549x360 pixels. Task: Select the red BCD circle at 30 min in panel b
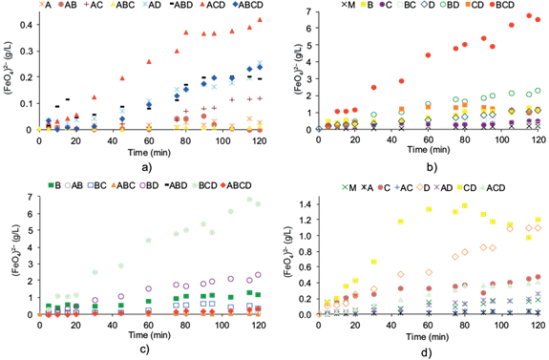[374, 87]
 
